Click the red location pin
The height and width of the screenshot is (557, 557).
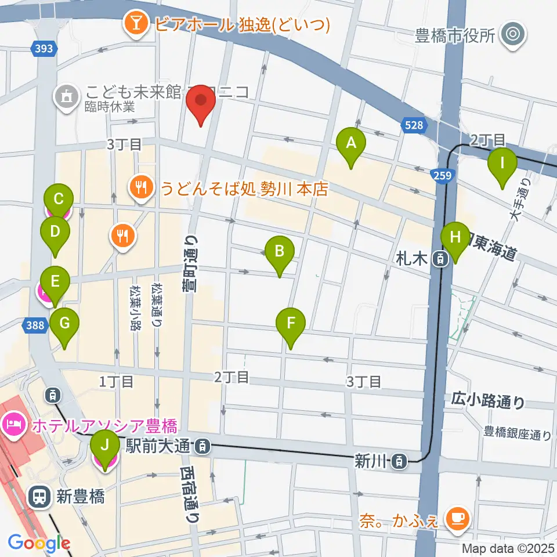tap(201, 103)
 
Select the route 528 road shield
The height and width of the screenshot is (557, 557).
tap(414, 125)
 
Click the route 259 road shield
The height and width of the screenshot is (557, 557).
tap(442, 174)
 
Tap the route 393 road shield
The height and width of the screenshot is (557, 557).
tap(44, 50)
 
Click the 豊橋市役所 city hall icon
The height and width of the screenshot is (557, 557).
tap(513, 36)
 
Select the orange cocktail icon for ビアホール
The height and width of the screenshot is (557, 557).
tap(137, 24)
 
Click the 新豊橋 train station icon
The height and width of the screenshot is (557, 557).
tap(40, 496)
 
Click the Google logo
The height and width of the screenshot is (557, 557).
tap(39, 543)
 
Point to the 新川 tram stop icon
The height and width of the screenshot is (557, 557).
tap(399, 462)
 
